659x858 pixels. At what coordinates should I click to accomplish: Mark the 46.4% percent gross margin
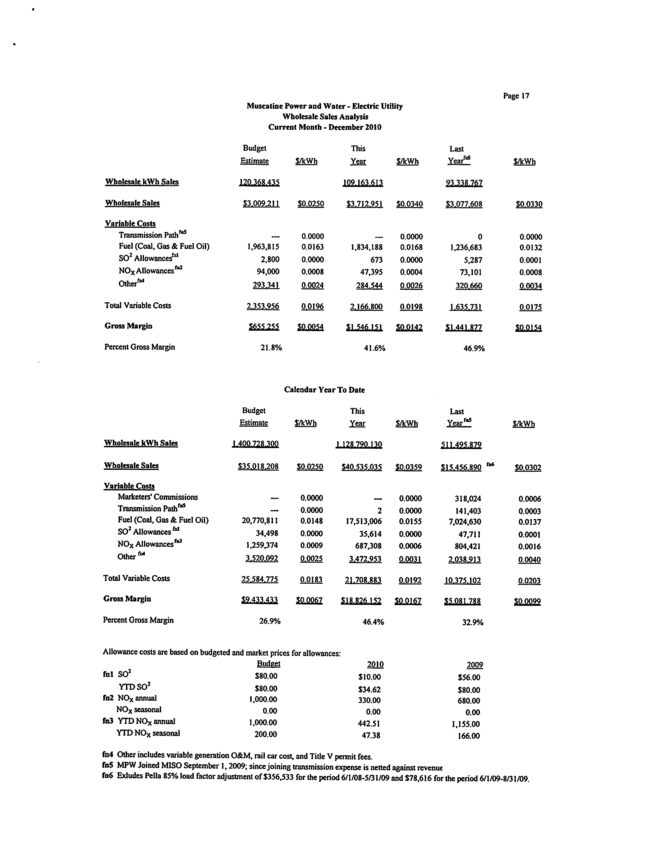(373, 622)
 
